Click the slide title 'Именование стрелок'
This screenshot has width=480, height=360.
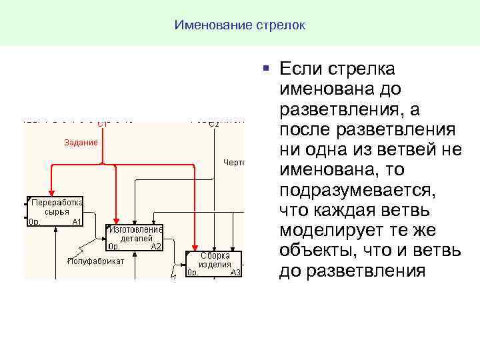[x=240, y=25]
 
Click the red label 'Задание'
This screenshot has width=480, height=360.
[x=81, y=142]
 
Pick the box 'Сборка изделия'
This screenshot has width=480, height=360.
[x=214, y=264]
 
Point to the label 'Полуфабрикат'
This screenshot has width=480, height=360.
[x=96, y=261]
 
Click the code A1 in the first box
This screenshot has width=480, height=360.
[x=76, y=221]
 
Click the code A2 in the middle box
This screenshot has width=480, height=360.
[x=156, y=247]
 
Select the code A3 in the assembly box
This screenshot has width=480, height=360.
[x=235, y=273]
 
